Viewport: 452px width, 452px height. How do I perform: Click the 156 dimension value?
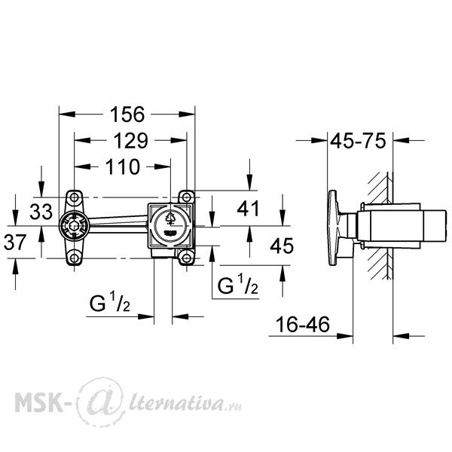pyautogui.click(x=127, y=115)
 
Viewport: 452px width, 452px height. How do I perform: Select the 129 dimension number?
pyautogui.click(x=130, y=141)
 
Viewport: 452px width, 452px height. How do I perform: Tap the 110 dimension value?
pyautogui.click(x=123, y=167)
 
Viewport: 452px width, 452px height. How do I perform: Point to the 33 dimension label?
pyautogui.click(x=41, y=211)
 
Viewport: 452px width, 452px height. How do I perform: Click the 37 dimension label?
pyautogui.click(x=15, y=242)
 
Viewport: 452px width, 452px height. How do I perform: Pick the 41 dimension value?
pyautogui.click(x=248, y=209)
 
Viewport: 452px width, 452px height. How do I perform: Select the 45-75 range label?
pyautogui.click(x=358, y=141)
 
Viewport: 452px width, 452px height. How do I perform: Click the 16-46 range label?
pyautogui.click(x=303, y=324)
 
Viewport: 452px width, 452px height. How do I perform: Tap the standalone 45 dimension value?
pyautogui.click(x=282, y=246)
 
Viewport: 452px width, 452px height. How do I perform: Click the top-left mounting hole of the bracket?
pyautogui.click(x=75, y=197)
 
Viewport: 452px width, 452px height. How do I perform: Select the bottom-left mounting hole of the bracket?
pyautogui.click(x=75, y=258)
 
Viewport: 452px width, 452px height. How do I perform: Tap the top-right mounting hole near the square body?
pyautogui.click(x=187, y=197)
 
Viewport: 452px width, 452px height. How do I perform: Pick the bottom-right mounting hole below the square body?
pyautogui.click(x=187, y=258)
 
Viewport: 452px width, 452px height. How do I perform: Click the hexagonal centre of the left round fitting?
pyautogui.click(x=74, y=226)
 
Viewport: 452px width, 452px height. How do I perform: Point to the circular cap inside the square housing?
pyautogui.click(x=171, y=226)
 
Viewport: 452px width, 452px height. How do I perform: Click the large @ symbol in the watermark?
pyautogui.click(x=101, y=402)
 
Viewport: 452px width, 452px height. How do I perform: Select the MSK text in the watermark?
pyautogui.click(x=38, y=402)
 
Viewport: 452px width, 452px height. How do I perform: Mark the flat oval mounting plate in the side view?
pyautogui.click(x=333, y=228)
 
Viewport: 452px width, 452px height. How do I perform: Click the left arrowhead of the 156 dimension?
pyautogui.click(x=67, y=115)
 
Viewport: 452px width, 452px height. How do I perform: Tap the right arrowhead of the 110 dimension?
pyautogui.click(x=163, y=166)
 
